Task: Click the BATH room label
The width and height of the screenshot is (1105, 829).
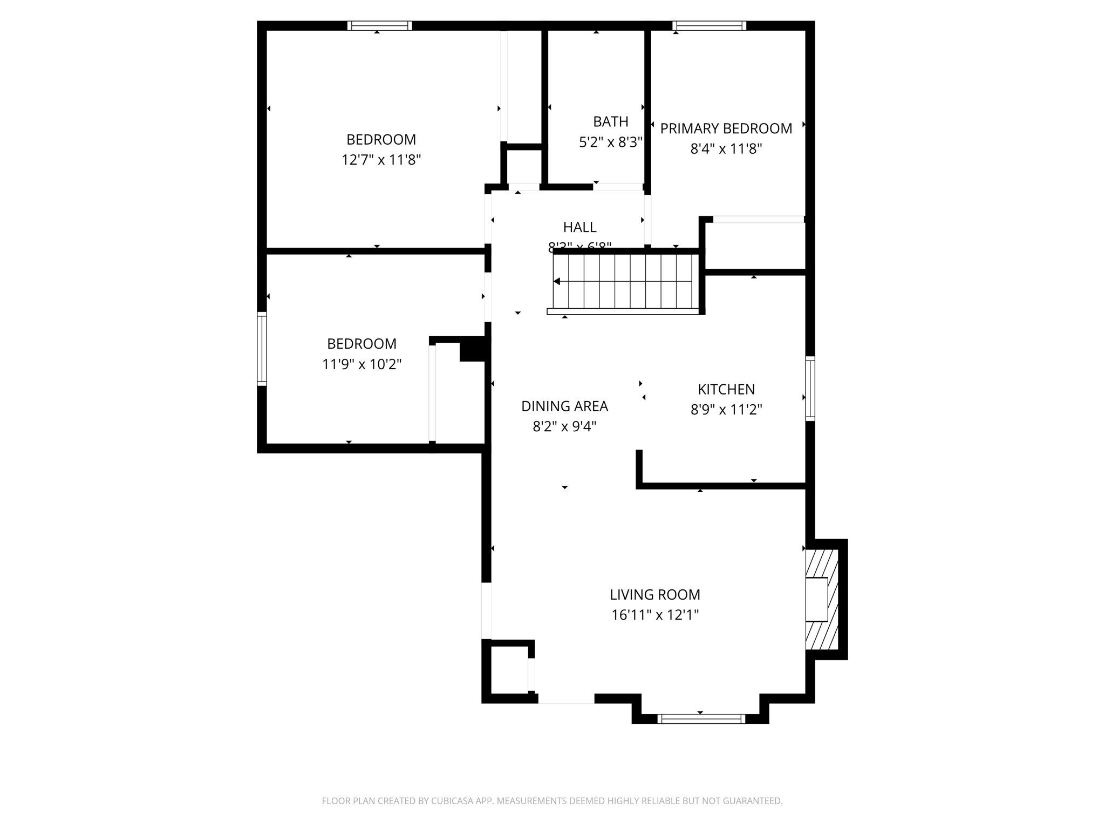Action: tap(610, 121)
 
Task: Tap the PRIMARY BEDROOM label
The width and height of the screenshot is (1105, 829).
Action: tap(726, 128)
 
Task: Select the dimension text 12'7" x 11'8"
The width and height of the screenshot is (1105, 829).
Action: tap(381, 160)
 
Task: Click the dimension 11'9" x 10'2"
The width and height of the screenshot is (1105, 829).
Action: tap(361, 364)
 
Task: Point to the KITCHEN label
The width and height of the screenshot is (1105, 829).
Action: tap(726, 389)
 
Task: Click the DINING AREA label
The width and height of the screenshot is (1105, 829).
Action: tap(564, 406)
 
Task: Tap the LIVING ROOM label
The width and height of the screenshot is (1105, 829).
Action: tap(654, 594)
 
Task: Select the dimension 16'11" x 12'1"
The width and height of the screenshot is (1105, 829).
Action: tap(654, 615)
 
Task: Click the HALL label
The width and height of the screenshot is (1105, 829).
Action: tap(579, 227)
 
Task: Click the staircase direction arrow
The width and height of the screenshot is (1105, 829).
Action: tap(557, 281)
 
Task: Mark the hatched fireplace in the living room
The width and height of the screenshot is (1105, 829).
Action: tap(822, 599)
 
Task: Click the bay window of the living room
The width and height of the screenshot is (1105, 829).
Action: tap(701, 718)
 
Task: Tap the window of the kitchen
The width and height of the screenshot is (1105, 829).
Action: tap(810, 388)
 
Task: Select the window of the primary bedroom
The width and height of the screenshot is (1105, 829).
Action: tap(709, 25)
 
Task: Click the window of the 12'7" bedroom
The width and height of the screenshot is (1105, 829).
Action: tap(379, 25)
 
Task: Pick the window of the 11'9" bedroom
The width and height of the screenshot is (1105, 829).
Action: tap(262, 349)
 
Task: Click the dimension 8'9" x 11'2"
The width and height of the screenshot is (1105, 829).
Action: tap(726, 410)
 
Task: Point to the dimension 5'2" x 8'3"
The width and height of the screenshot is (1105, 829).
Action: tap(610, 142)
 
